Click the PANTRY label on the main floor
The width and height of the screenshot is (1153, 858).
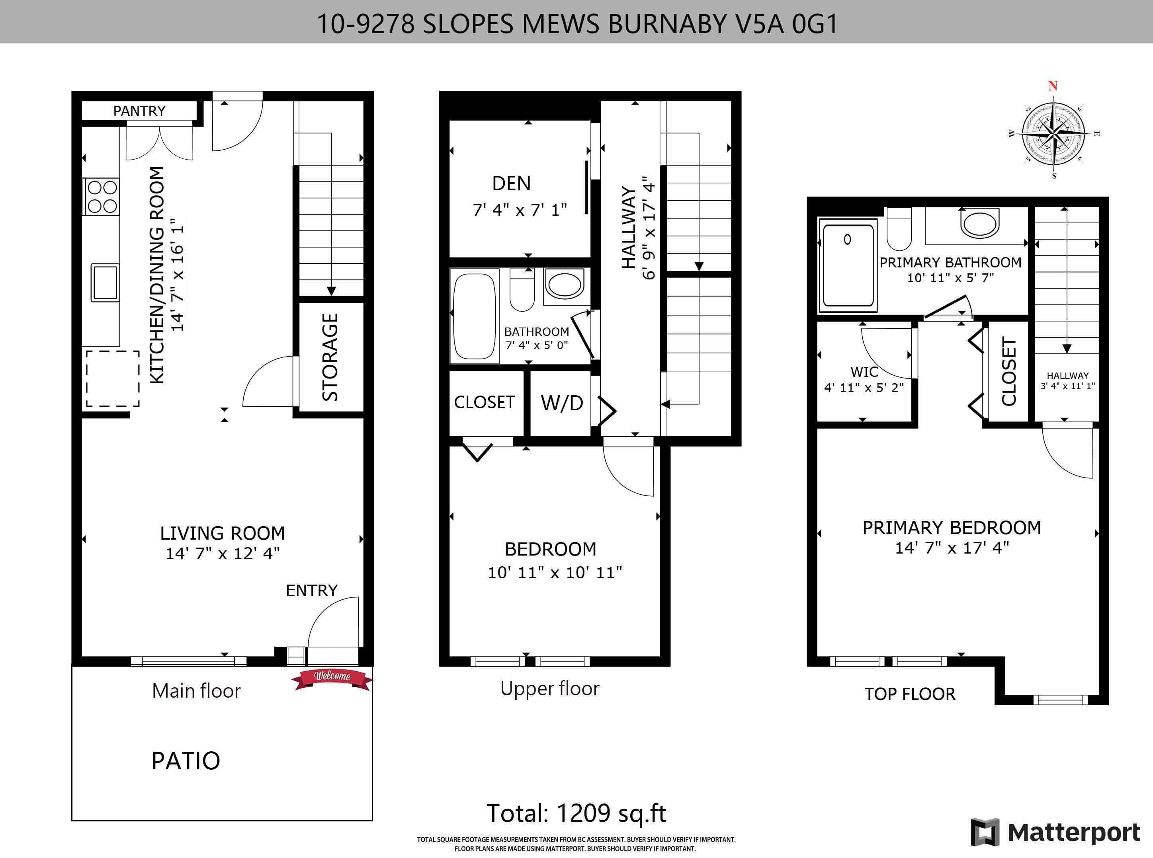pyautogui.click(x=139, y=111)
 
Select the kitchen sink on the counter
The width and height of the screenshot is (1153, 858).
pyautogui.click(x=105, y=283)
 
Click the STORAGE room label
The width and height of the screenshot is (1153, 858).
pyautogui.click(x=330, y=357)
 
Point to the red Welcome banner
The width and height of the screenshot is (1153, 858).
pyautogui.click(x=332, y=678)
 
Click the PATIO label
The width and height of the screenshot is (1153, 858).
pyautogui.click(x=186, y=761)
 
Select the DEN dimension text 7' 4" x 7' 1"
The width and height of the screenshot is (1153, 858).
pyautogui.click(x=520, y=210)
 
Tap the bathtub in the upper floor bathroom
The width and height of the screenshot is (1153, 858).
pyautogui.click(x=474, y=316)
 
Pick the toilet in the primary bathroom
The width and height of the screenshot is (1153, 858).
pyautogui.click(x=899, y=229)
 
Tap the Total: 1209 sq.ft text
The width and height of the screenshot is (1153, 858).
pyautogui.click(x=576, y=813)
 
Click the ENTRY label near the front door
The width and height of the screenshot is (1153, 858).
pyautogui.click(x=312, y=590)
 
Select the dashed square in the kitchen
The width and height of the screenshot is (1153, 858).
pyautogui.click(x=113, y=378)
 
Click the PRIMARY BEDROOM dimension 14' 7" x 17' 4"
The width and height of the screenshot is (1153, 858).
pyautogui.click(x=952, y=548)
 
